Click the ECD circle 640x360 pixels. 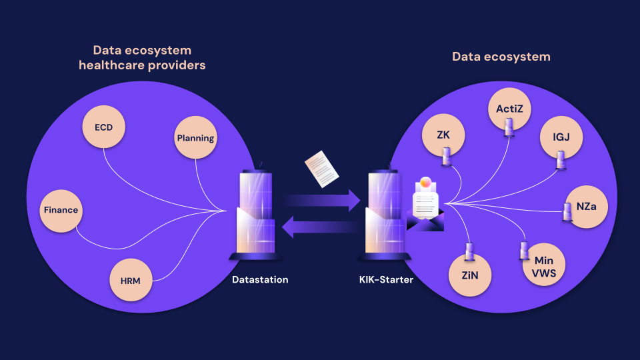coord(104,127)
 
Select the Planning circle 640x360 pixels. coord(195,138)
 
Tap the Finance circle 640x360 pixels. coord(61,210)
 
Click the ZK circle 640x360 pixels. coord(443,135)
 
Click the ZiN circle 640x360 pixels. coord(471,275)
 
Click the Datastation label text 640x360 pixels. coord(260,280)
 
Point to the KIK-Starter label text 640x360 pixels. coord(386,280)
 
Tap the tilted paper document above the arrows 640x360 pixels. coord(322,169)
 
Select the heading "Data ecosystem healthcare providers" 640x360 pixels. coord(142,58)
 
